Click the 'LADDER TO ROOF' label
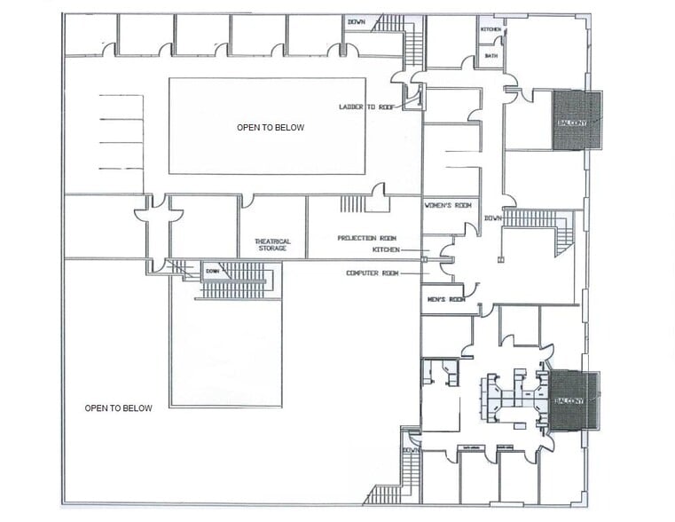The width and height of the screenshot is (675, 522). coord(367,107)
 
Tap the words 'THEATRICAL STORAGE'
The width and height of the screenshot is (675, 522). coord(272,245)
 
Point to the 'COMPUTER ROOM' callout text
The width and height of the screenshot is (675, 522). coord(373,273)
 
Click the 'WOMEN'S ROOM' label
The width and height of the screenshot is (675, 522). coord(447,205)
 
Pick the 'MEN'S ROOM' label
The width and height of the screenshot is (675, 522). coord(445,299)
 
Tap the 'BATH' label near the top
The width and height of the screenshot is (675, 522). coord(490,56)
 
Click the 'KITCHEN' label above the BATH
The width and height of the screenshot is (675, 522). coord(491,29)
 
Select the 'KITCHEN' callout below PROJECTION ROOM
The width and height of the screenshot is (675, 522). coord(387,250)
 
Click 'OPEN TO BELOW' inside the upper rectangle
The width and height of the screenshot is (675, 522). coord(270,128)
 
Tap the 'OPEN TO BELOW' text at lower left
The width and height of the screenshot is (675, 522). coord(118,408)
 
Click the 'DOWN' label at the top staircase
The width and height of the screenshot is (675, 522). coord(357,21)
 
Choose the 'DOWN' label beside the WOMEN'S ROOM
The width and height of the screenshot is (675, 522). coord(492,218)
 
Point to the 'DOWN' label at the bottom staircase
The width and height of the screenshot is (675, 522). coord(410,450)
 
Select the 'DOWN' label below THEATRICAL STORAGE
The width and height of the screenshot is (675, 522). coord(212,271)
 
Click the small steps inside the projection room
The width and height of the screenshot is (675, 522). coord(352,204)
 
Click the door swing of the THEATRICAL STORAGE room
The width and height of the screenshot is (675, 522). coord(247,202)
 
